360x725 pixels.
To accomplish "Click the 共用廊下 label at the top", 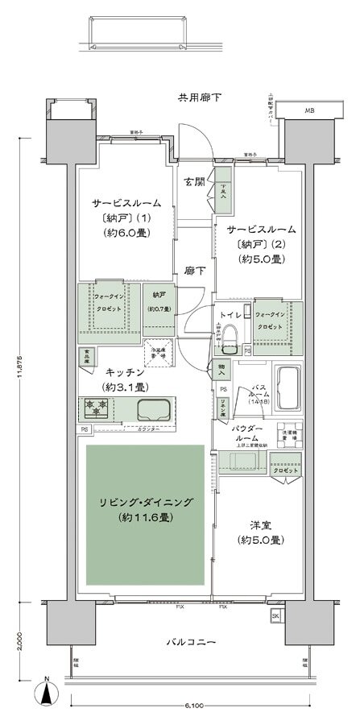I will (200, 98).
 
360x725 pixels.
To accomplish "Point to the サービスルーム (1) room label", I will (126, 203).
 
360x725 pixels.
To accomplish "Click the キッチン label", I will (125, 372).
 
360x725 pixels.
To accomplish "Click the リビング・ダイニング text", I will (145, 502).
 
